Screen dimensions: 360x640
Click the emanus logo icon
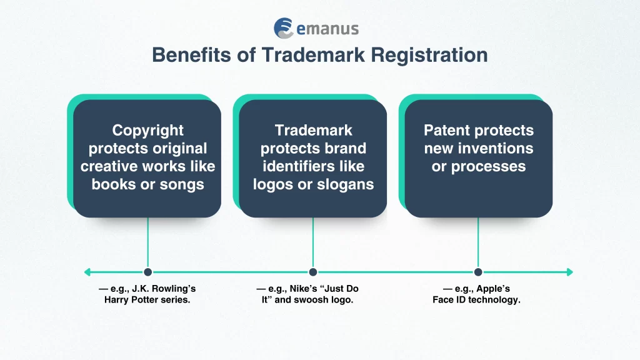click(284, 28)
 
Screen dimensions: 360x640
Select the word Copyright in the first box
click(147, 131)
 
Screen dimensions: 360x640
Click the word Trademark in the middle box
click(313, 131)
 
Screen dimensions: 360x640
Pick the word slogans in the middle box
click(346, 184)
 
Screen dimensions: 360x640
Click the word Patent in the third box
click(449, 131)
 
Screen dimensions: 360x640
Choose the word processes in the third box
click(494, 167)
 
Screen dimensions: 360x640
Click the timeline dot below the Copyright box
click(147, 272)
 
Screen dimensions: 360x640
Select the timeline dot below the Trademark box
click(313, 272)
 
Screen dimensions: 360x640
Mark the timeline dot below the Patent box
click(478, 272)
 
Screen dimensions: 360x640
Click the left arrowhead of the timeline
click(87, 272)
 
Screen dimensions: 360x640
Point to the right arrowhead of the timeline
click(569, 272)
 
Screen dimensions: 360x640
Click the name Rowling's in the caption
click(174, 289)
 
